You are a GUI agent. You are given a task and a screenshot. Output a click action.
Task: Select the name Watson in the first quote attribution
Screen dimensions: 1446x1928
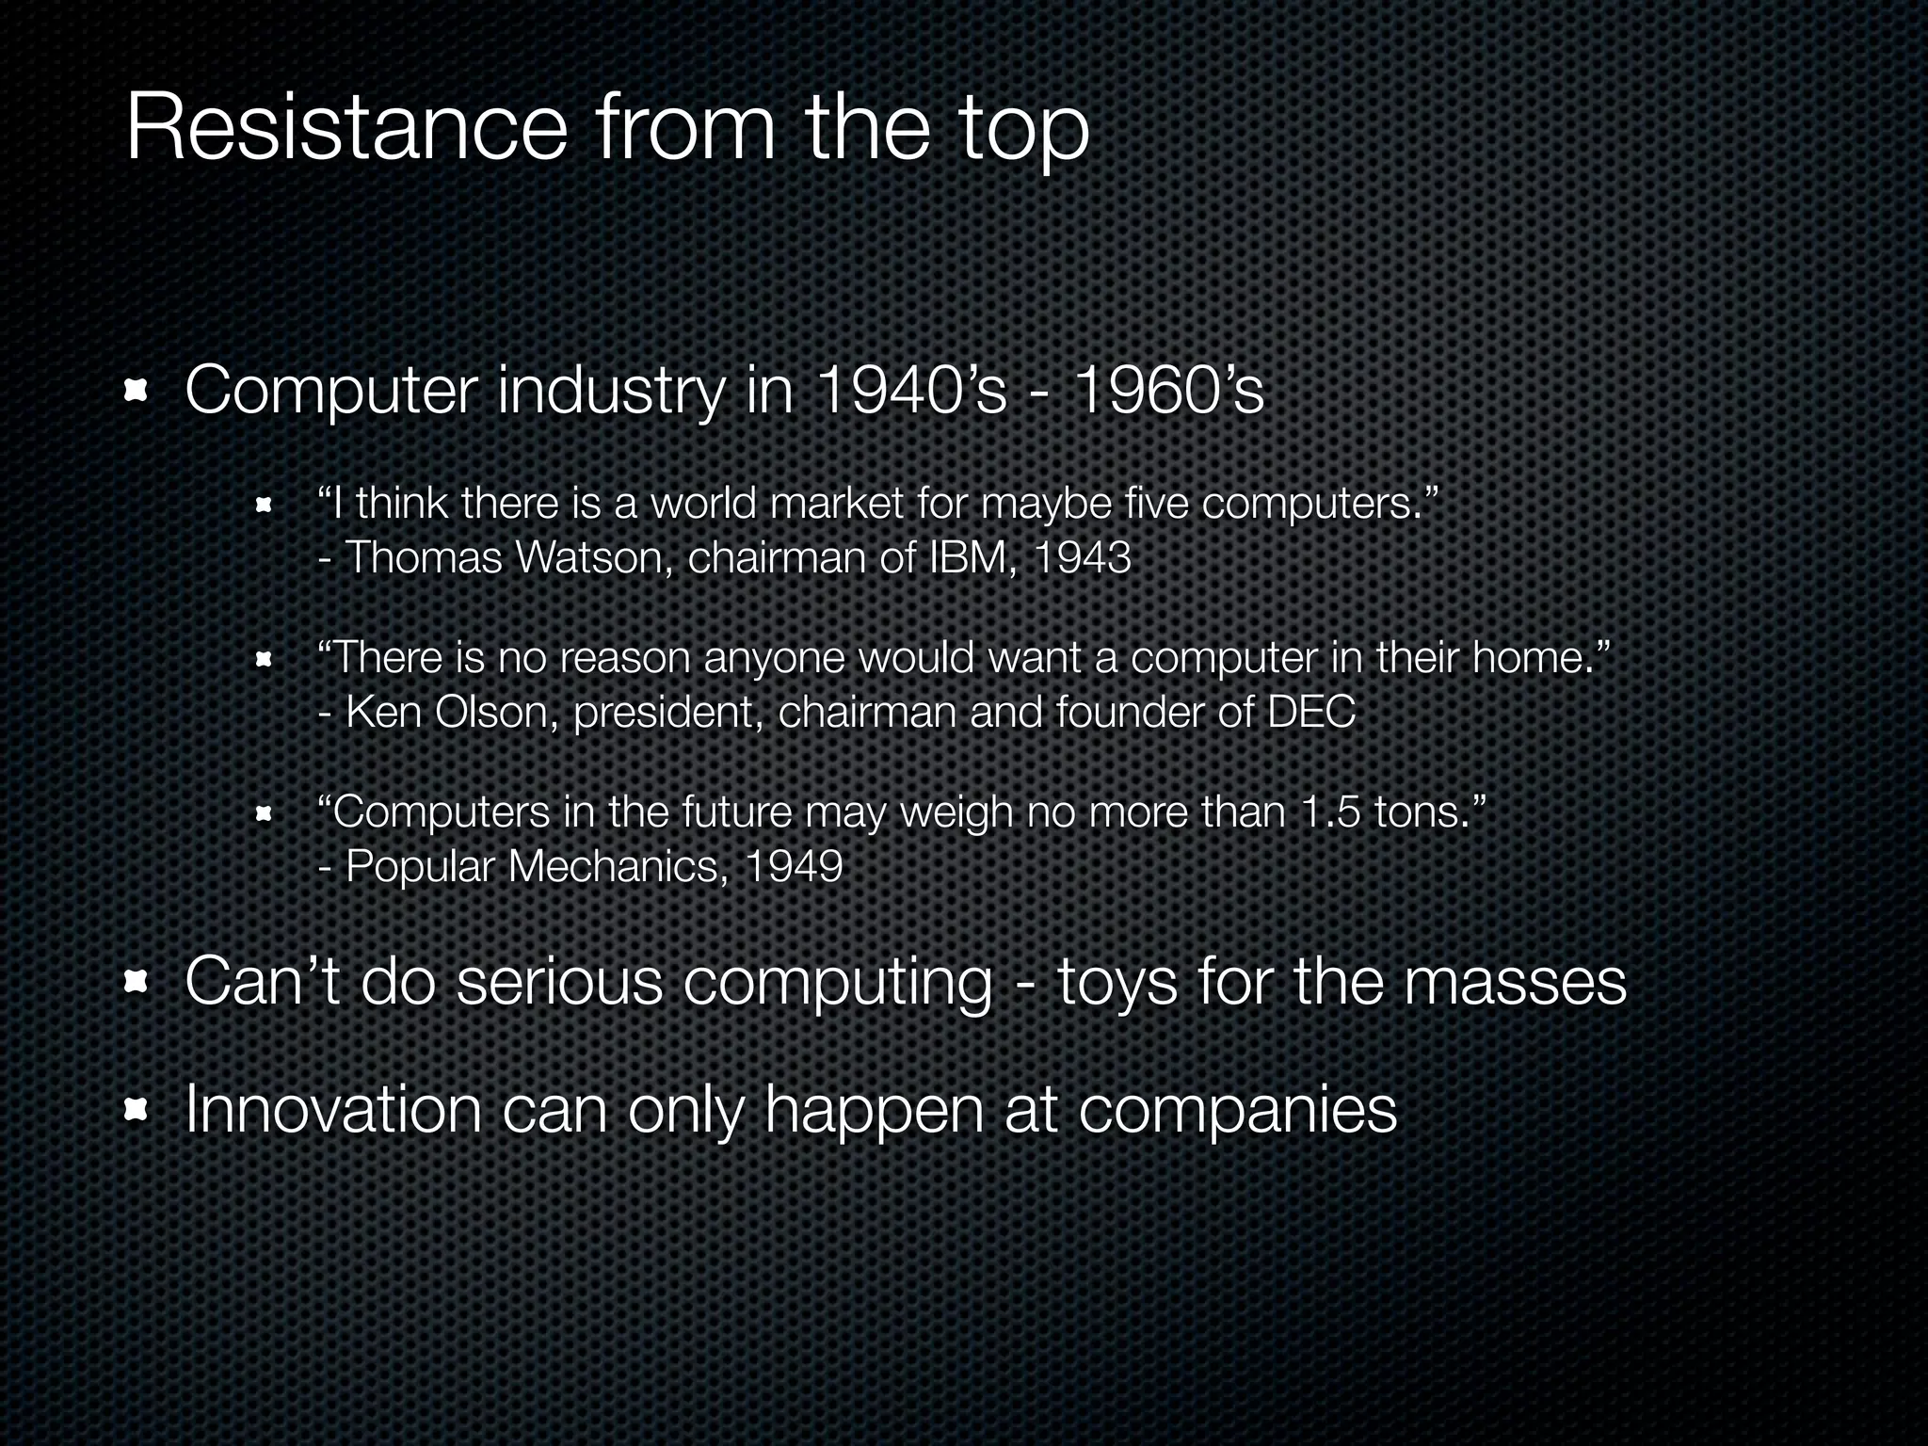pos(593,558)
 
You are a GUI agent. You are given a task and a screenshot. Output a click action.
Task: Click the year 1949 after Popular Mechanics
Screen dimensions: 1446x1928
pos(793,867)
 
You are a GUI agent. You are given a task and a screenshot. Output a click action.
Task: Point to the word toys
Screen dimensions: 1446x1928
pos(1117,982)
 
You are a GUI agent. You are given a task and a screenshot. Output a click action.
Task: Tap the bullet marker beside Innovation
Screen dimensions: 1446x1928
pos(137,1111)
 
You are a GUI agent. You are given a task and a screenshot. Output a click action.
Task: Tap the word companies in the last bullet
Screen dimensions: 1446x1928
pos(1237,1111)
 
